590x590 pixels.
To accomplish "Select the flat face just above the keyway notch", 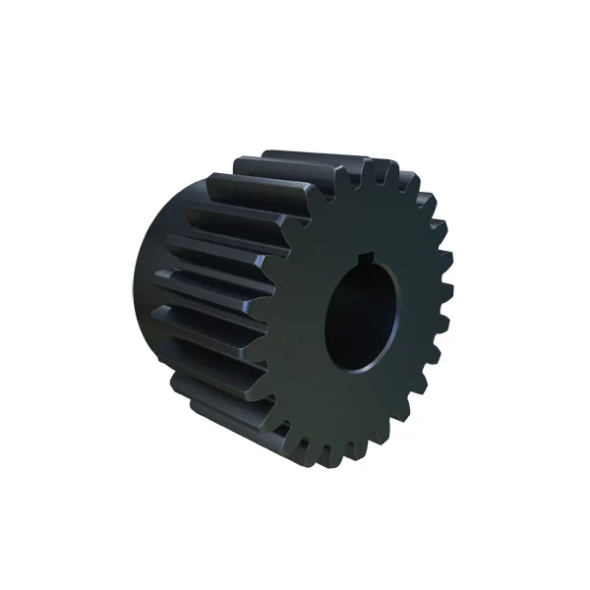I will click(x=371, y=221).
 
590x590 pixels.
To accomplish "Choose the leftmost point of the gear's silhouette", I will click(x=132, y=285).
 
